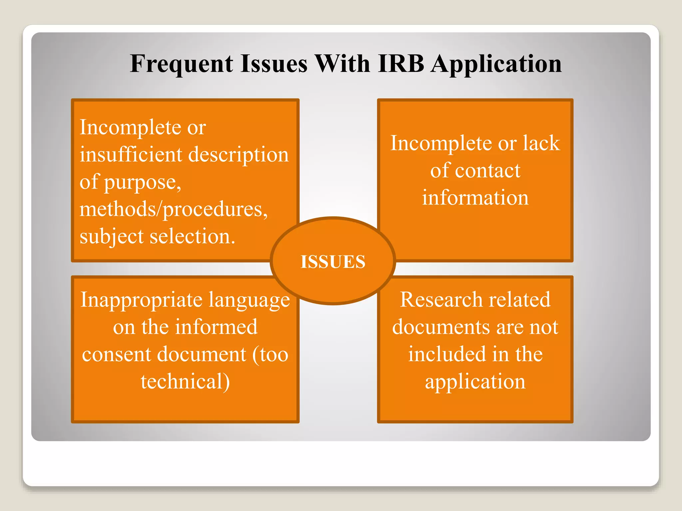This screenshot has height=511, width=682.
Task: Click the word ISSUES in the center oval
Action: tap(333, 261)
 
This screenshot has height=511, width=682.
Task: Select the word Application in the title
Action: tap(496, 64)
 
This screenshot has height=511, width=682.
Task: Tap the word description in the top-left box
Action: tap(239, 155)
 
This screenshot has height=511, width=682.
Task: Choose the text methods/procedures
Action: tap(173, 210)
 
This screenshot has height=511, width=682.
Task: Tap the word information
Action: tap(475, 198)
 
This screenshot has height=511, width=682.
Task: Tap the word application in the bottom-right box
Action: tap(475, 382)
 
